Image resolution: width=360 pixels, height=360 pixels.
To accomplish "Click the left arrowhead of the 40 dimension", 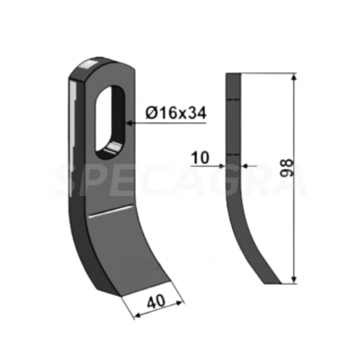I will click(x=140, y=313).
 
